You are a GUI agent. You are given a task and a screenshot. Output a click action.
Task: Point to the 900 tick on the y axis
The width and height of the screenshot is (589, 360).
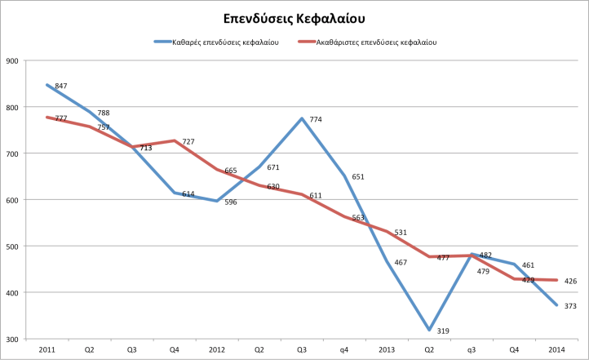12,60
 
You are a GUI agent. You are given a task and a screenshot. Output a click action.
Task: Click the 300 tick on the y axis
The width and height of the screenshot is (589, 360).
12,339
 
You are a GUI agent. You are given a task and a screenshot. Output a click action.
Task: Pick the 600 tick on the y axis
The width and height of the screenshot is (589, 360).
12,200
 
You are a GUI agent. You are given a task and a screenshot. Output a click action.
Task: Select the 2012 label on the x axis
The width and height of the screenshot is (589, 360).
217,349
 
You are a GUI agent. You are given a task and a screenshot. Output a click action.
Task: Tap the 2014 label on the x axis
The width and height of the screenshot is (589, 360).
556,349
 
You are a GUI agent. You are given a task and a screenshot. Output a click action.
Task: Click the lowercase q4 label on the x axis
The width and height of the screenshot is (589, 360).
344,349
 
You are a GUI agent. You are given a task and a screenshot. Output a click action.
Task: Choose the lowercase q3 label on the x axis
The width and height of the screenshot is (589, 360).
472,349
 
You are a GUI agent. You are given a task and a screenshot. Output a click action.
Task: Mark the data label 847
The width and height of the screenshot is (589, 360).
61,86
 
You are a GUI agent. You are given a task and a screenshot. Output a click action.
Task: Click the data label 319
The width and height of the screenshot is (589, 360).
443,331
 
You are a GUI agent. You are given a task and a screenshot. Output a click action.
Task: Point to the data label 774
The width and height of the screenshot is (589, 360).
316,119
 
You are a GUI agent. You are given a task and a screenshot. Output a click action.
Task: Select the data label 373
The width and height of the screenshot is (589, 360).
570,305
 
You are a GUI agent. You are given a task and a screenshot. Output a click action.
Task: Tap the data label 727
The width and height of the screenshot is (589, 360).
188,142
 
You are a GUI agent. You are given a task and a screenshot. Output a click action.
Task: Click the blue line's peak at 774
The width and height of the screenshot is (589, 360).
302,118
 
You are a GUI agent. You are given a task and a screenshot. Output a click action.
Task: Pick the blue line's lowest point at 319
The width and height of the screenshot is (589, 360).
429,330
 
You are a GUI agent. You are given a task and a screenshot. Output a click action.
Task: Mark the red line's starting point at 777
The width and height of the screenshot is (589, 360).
47,118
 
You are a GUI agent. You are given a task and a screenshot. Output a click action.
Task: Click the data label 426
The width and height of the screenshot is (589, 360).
570,282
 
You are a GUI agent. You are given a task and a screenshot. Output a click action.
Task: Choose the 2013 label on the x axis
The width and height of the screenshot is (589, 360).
387,349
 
